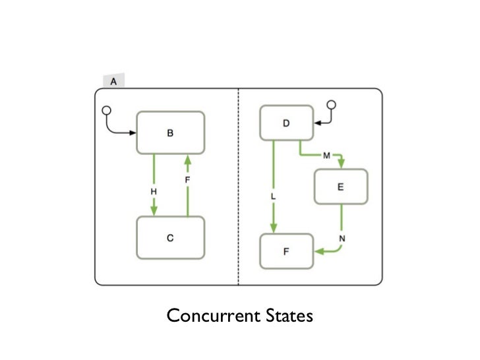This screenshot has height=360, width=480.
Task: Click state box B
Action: [x=170, y=133]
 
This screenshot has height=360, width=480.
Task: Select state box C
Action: [x=170, y=238]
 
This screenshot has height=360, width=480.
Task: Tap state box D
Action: [x=286, y=123]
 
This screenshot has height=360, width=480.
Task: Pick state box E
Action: [x=340, y=187]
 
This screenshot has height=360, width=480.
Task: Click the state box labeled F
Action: [x=286, y=251]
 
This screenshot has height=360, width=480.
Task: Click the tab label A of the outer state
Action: [x=113, y=82]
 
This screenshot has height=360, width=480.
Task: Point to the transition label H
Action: [x=154, y=191]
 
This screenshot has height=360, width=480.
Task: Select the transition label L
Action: [x=273, y=197]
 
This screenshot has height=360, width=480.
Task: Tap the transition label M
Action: [x=326, y=155]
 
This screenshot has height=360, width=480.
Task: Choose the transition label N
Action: [x=342, y=237]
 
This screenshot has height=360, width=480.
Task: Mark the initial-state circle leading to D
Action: [x=332, y=105]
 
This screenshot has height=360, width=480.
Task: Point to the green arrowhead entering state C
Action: [x=154, y=211]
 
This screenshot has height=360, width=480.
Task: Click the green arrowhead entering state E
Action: [x=341, y=164]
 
